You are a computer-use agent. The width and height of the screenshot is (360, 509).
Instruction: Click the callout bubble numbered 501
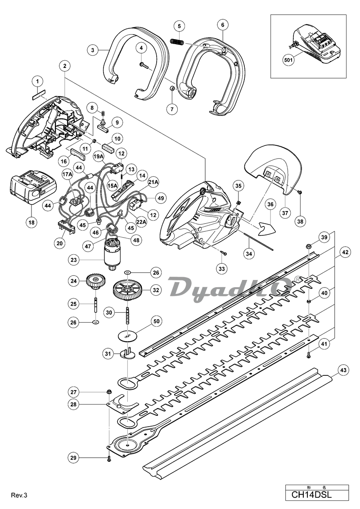click(x=288, y=60)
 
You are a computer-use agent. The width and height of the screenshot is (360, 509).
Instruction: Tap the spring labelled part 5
click(x=178, y=42)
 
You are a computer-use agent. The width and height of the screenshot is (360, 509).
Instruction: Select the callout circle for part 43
click(x=343, y=370)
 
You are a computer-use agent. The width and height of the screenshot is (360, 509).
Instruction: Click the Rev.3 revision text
click(x=19, y=495)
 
